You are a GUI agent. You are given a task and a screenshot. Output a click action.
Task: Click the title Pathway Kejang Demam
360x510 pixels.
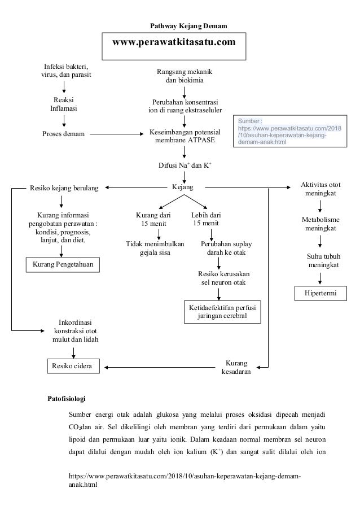188,26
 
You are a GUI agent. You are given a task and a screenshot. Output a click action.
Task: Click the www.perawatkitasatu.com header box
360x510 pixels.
174,45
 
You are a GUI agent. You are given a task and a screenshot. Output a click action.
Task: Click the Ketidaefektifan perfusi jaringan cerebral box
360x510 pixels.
222,312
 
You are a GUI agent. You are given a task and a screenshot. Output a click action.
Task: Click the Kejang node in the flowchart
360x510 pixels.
183,186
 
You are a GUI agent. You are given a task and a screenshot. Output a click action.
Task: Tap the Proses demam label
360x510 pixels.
64,134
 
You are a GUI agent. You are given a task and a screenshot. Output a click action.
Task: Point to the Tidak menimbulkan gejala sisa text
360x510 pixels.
155,249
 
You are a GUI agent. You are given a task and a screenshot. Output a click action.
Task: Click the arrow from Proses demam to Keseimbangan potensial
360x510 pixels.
117,134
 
